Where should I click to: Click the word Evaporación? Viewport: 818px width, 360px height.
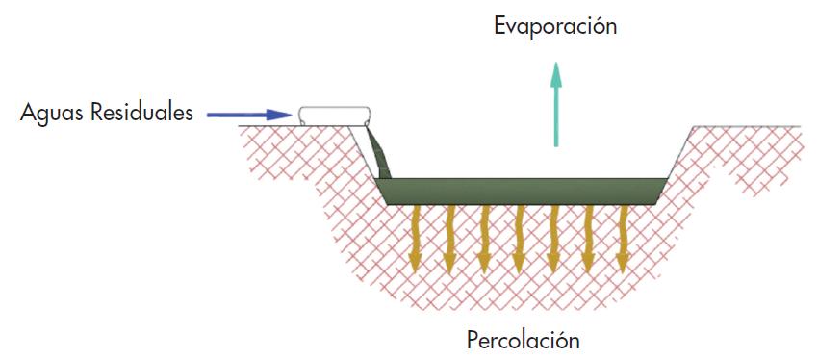coord(555,26)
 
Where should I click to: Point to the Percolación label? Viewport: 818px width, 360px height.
coord(524,340)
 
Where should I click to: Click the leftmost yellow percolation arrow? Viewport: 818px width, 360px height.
coord(416,237)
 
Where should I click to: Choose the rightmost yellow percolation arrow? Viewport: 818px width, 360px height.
coord(624,237)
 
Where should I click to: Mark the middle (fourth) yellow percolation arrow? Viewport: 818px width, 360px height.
coord(520,237)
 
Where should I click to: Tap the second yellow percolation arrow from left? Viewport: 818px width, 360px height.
coord(450,237)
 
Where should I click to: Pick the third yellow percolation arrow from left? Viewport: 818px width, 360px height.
coord(485,237)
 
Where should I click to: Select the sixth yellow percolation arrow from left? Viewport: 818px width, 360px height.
coord(589,237)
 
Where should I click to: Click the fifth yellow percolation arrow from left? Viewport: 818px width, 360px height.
coord(554,237)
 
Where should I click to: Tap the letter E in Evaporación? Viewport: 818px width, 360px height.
coord(500,26)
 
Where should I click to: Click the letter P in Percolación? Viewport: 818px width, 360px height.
coord(473,340)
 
